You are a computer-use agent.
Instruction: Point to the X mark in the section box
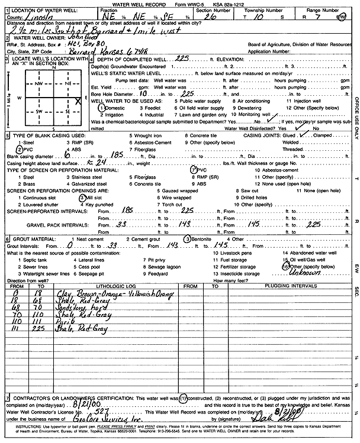pos(78,101)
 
